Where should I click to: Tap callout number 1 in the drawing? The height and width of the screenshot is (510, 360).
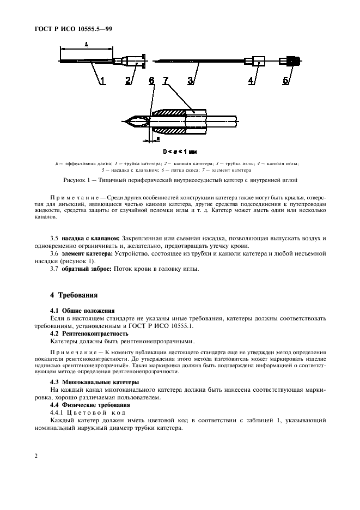point(101,82)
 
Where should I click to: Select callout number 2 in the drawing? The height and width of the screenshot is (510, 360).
point(128,82)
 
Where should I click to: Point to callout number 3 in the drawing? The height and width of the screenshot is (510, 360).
point(191,82)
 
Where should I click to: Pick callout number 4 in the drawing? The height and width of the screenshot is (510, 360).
point(251,82)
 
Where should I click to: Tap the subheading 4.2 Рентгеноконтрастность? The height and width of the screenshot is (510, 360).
point(89,332)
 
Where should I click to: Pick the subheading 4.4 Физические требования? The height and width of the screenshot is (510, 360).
point(88,405)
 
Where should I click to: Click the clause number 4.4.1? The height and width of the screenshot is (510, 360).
point(57,413)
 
